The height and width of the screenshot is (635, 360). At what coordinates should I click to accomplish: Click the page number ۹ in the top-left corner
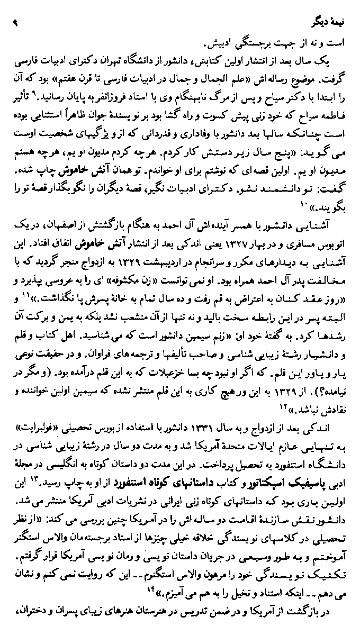(x=15, y=23)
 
